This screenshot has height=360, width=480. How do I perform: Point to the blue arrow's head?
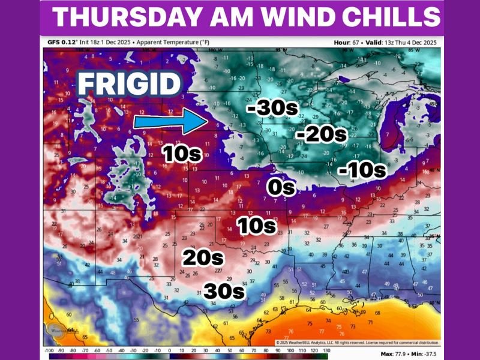coord(197,122)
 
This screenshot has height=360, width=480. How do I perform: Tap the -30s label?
coord(269,108)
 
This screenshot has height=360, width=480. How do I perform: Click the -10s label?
coord(361,170)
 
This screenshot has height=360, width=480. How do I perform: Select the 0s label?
coord(281,187)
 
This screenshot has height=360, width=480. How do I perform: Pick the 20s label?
coord(203,259)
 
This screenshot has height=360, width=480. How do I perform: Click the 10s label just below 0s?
coord(256,226)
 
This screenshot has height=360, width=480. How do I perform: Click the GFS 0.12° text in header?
coord(64,43)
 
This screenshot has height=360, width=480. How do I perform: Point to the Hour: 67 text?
coord(349,43)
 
